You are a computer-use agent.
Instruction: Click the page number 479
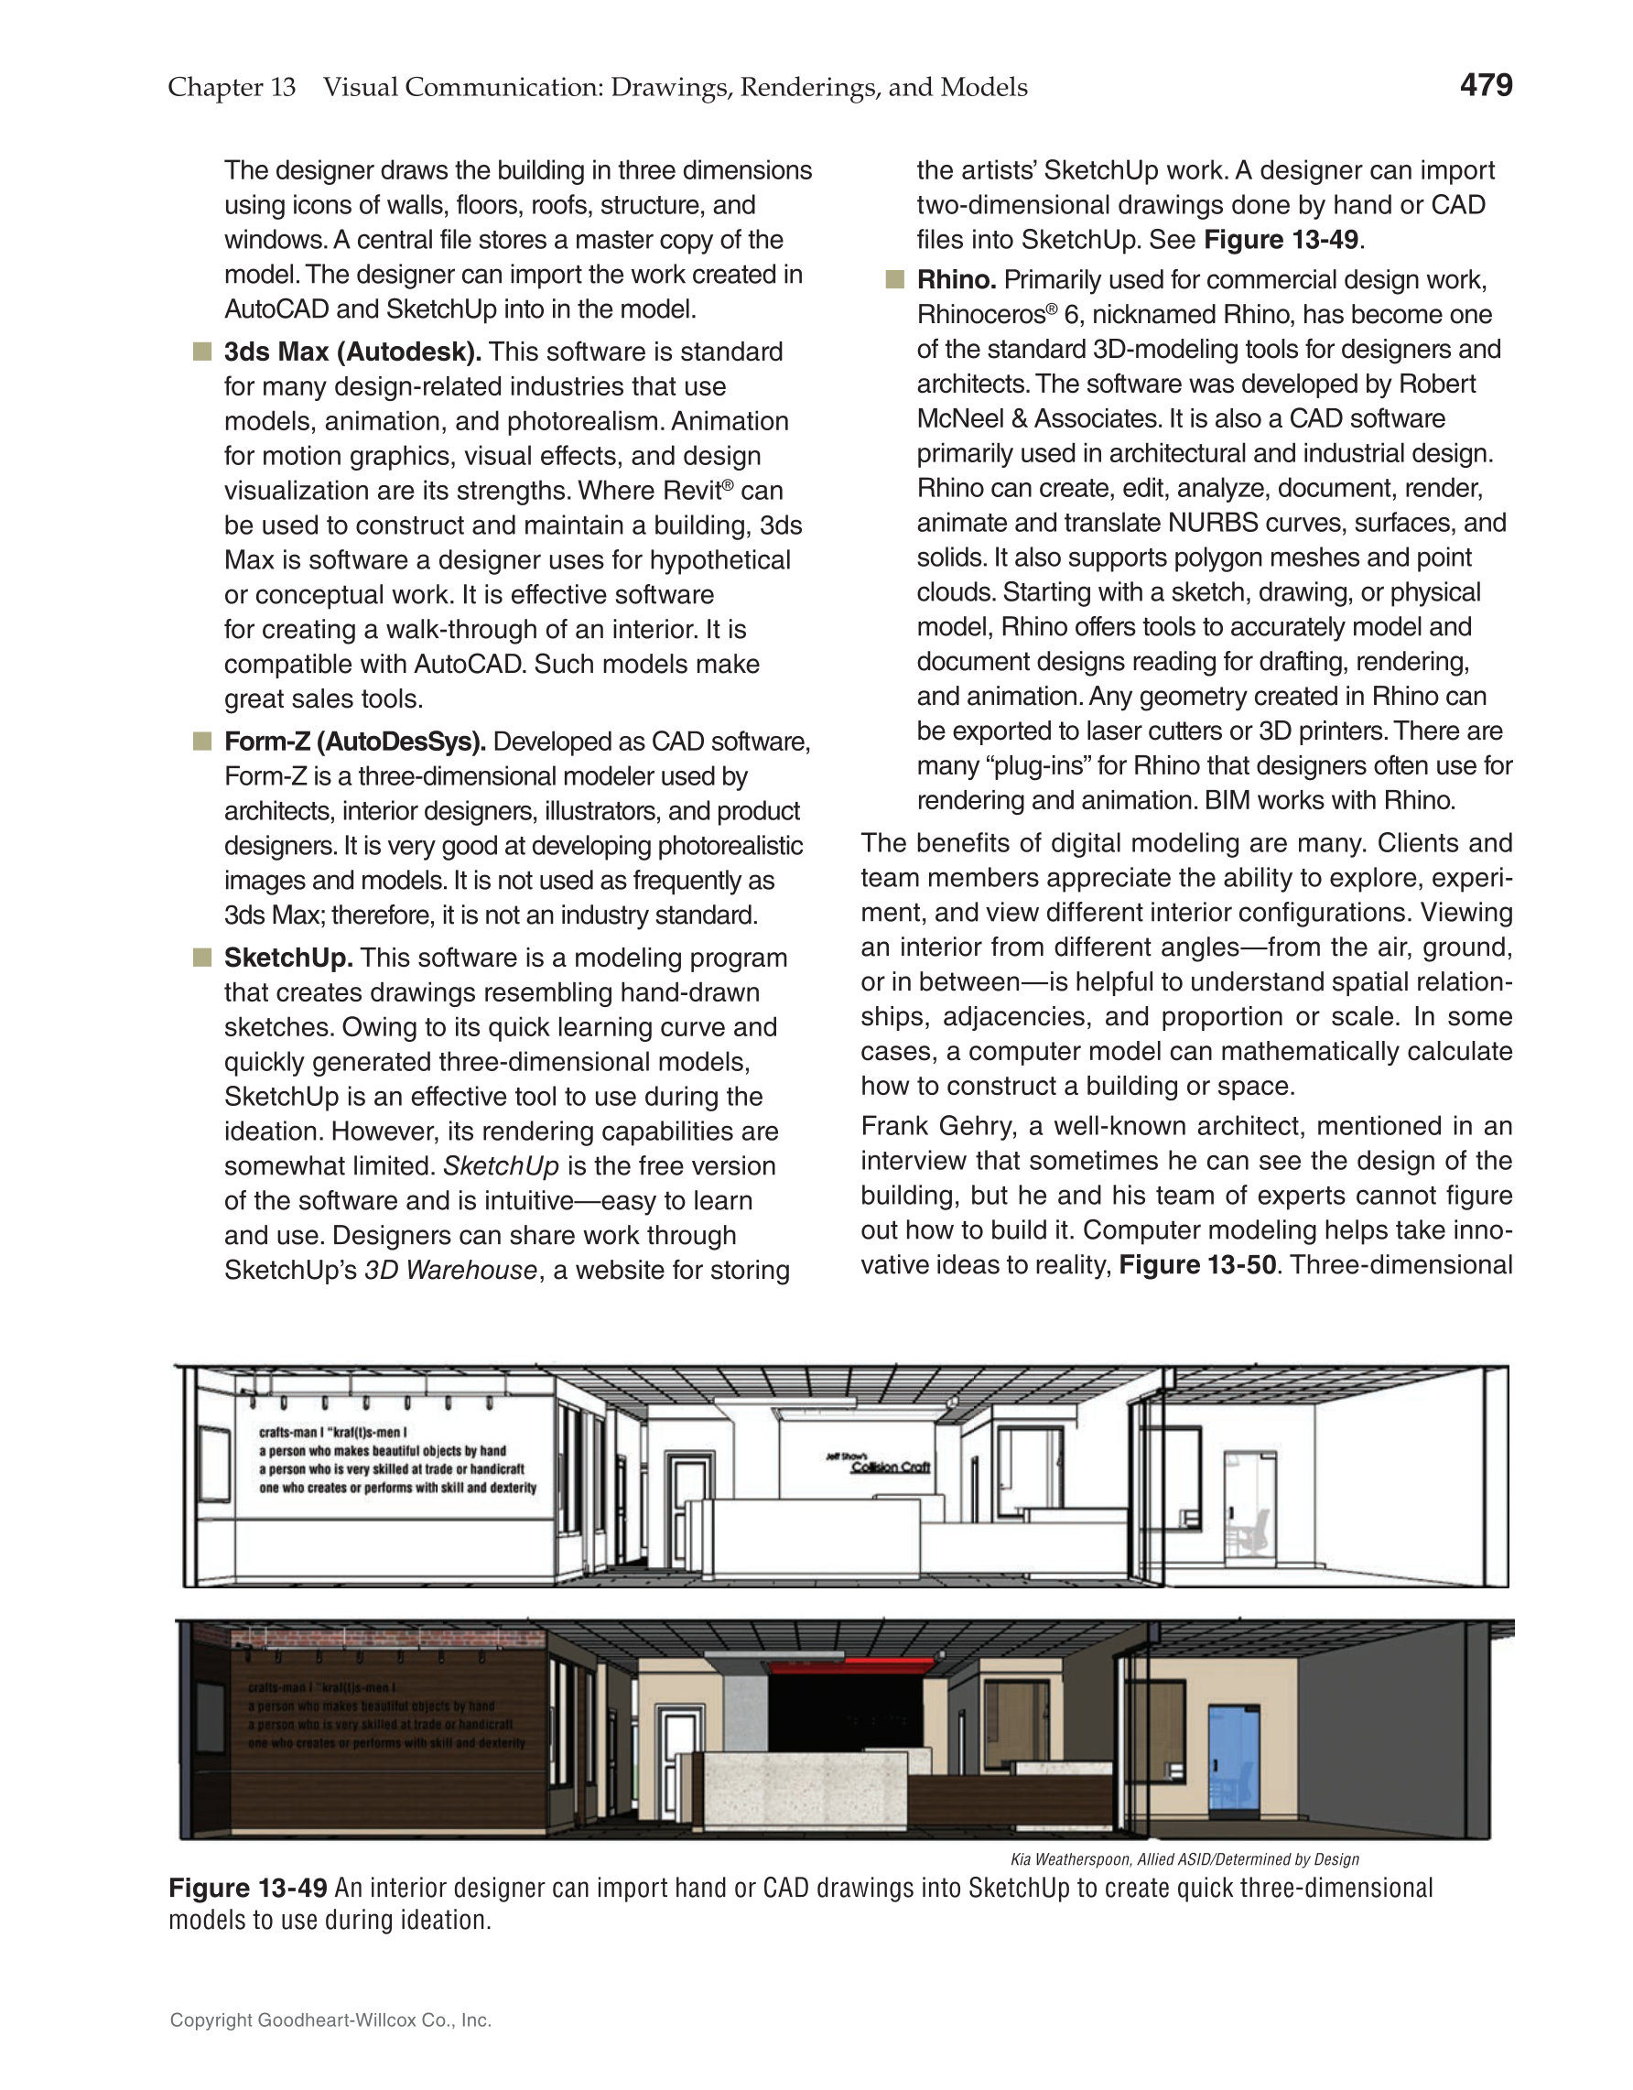(1485, 85)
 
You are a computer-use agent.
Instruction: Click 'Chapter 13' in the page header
(232, 87)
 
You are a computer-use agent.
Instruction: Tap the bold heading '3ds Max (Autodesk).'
(352, 352)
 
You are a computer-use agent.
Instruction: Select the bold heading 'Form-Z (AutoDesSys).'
(355, 742)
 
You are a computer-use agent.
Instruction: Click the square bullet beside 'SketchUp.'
(202, 958)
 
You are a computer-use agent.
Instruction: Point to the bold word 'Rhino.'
(956, 279)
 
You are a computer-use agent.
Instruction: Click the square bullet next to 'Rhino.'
(894, 279)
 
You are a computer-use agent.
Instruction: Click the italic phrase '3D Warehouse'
(450, 1270)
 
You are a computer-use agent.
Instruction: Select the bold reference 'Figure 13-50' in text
(1196, 1265)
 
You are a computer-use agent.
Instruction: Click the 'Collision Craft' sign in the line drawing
(890, 1467)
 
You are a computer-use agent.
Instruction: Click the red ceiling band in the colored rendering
(850, 1667)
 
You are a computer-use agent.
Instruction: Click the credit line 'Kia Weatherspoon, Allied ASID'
(1184, 1859)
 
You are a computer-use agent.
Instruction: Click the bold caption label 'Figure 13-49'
(248, 1888)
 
